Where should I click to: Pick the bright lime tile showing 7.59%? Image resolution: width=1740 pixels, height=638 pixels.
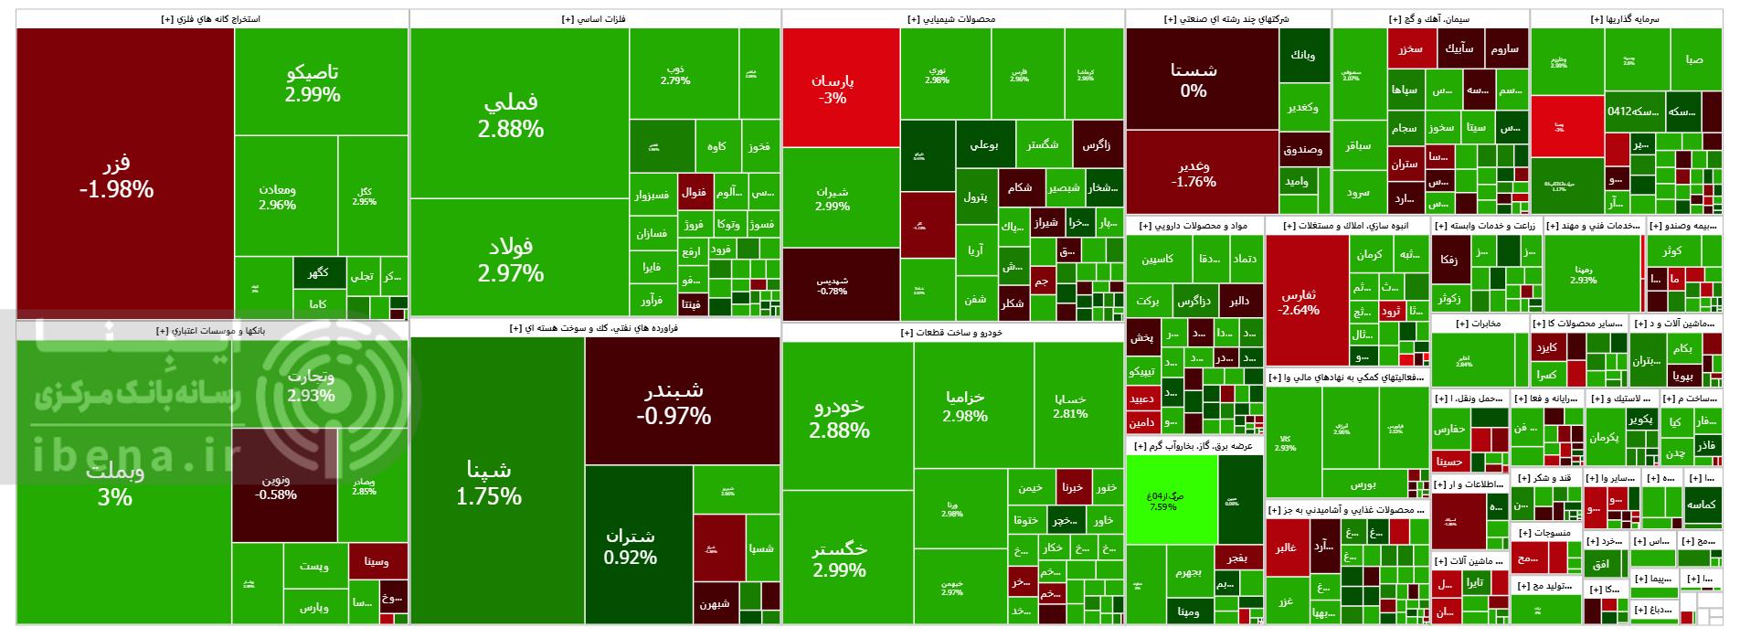pos(1171,500)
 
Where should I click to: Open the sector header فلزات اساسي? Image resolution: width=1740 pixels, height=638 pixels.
pos(595,18)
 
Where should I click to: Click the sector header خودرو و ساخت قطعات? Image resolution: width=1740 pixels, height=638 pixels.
pos(952,333)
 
